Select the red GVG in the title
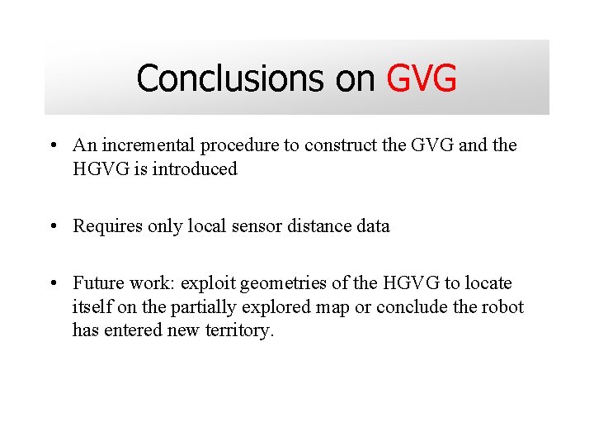point(421,78)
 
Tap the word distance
point(307,226)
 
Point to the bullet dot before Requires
point(53,226)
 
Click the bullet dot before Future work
point(53,284)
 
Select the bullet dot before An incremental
point(53,146)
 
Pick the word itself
point(92,307)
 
